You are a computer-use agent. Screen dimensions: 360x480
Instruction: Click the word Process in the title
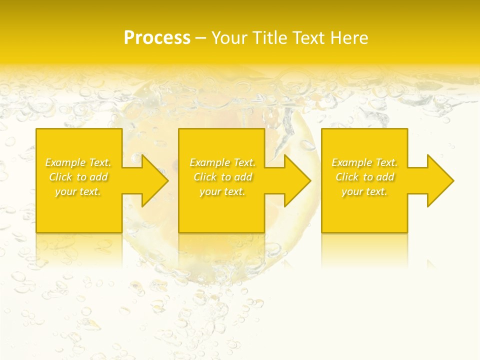(157, 38)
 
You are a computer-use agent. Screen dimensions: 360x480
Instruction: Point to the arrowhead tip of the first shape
(168, 180)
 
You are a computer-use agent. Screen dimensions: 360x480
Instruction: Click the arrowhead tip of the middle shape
(311, 180)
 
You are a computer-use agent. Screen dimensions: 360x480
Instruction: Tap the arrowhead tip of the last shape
(454, 180)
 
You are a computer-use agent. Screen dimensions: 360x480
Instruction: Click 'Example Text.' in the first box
(78, 162)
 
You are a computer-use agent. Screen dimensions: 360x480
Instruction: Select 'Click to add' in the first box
(78, 177)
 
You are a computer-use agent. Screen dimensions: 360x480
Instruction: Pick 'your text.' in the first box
(78, 191)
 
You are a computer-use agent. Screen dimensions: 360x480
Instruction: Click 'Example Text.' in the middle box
(222, 162)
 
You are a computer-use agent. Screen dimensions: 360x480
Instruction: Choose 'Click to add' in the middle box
(222, 177)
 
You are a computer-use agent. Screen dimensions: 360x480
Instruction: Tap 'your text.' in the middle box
(222, 191)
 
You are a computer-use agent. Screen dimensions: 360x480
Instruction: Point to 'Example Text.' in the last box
(364, 162)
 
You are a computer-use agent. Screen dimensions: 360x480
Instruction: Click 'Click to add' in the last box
(364, 177)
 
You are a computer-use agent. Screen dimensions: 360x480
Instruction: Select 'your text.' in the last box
(364, 191)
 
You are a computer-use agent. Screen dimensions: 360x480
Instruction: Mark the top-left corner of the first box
(36, 129)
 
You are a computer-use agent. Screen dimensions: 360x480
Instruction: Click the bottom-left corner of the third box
(321, 232)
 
